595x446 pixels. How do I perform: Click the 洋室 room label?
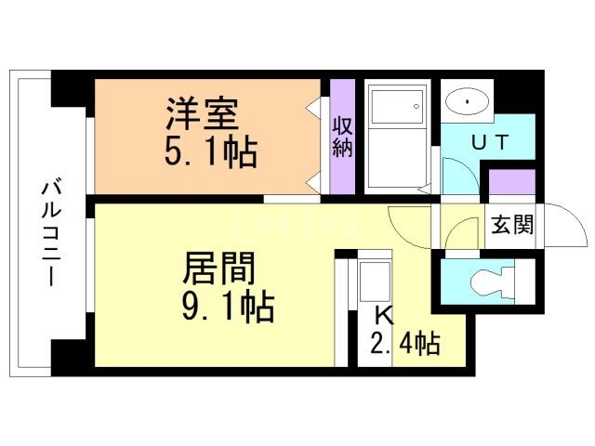point(202,113)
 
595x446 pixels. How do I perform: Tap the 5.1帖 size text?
point(211,152)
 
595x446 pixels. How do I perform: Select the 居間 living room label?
point(219,269)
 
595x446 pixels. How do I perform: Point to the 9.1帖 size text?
point(229,307)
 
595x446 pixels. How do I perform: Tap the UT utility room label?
point(490,142)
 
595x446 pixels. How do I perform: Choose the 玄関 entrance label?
point(512,225)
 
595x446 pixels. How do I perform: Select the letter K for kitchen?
point(384,316)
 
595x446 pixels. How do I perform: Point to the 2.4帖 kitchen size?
point(405,344)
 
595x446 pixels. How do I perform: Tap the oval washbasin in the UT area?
point(467,101)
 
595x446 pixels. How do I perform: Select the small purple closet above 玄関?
point(512,182)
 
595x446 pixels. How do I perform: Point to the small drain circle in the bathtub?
point(416,107)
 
